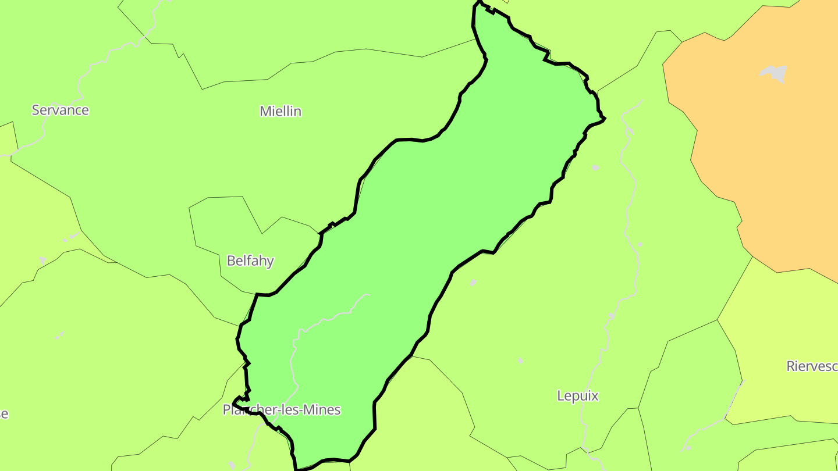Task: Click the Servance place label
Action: (x=60, y=110)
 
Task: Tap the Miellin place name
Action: (x=280, y=111)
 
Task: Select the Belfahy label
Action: (x=250, y=261)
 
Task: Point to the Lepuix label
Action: (x=578, y=396)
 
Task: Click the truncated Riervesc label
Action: (x=812, y=366)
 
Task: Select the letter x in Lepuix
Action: (x=595, y=396)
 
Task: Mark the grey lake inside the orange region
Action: (x=774, y=73)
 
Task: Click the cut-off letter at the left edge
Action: (x=3, y=414)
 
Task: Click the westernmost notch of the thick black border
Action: (x=234, y=402)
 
